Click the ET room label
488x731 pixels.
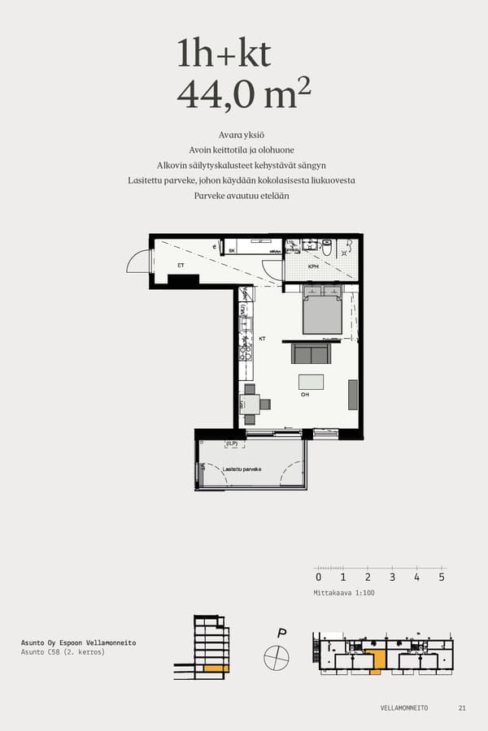(x=181, y=265)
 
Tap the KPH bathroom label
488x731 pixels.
(x=313, y=266)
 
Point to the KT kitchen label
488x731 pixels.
(x=263, y=339)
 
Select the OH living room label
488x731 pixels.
(x=305, y=396)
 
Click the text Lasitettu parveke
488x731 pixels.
(x=242, y=469)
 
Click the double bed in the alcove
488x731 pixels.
(x=322, y=313)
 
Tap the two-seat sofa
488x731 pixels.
(x=312, y=353)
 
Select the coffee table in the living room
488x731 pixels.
(x=311, y=382)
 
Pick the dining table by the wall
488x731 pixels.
(x=250, y=404)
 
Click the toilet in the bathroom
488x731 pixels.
(x=327, y=247)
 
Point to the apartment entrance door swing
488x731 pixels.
(x=140, y=262)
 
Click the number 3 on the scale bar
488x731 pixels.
(x=392, y=577)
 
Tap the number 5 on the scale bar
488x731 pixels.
(x=442, y=577)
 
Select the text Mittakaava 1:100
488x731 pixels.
(x=343, y=593)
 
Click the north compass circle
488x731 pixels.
(x=277, y=657)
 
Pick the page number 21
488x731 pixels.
(x=462, y=707)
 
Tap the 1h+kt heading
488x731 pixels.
(x=224, y=54)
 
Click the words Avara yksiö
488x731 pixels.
(x=243, y=134)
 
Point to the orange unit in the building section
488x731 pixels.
(x=215, y=668)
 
